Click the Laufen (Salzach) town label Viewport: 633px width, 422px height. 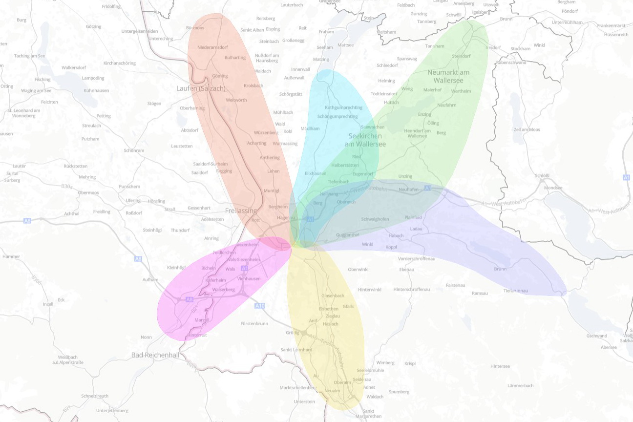pyautogui.click(x=201, y=88)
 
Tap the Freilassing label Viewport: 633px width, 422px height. pyautogui.click(x=241, y=211)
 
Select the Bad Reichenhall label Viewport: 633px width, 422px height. pyautogui.click(x=156, y=355)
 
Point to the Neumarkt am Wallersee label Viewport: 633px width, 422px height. pyautogui.click(x=448, y=76)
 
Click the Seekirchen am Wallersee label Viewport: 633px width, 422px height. pyautogui.click(x=365, y=140)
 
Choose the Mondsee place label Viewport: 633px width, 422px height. pyautogui.click(x=553, y=188)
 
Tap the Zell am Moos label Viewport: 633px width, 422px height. pyautogui.click(x=527, y=129)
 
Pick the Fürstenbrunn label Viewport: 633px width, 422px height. pyautogui.click(x=254, y=323)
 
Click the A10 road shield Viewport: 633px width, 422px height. pyautogui.click(x=260, y=306)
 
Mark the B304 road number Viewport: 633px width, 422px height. pyautogui.click(x=67, y=186)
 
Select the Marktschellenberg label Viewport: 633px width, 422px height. pyautogui.click(x=298, y=387)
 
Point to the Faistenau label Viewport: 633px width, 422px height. pyautogui.click(x=457, y=285)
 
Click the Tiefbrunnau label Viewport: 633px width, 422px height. pyautogui.click(x=516, y=291)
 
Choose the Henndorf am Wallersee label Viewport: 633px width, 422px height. pyautogui.click(x=417, y=133)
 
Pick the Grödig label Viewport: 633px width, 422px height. pyautogui.click(x=292, y=333)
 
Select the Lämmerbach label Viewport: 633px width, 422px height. pyautogui.click(x=520, y=385)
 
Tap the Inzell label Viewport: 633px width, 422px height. pyautogui.click(x=48, y=304)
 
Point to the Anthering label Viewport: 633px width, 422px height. pyautogui.click(x=270, y=158)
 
